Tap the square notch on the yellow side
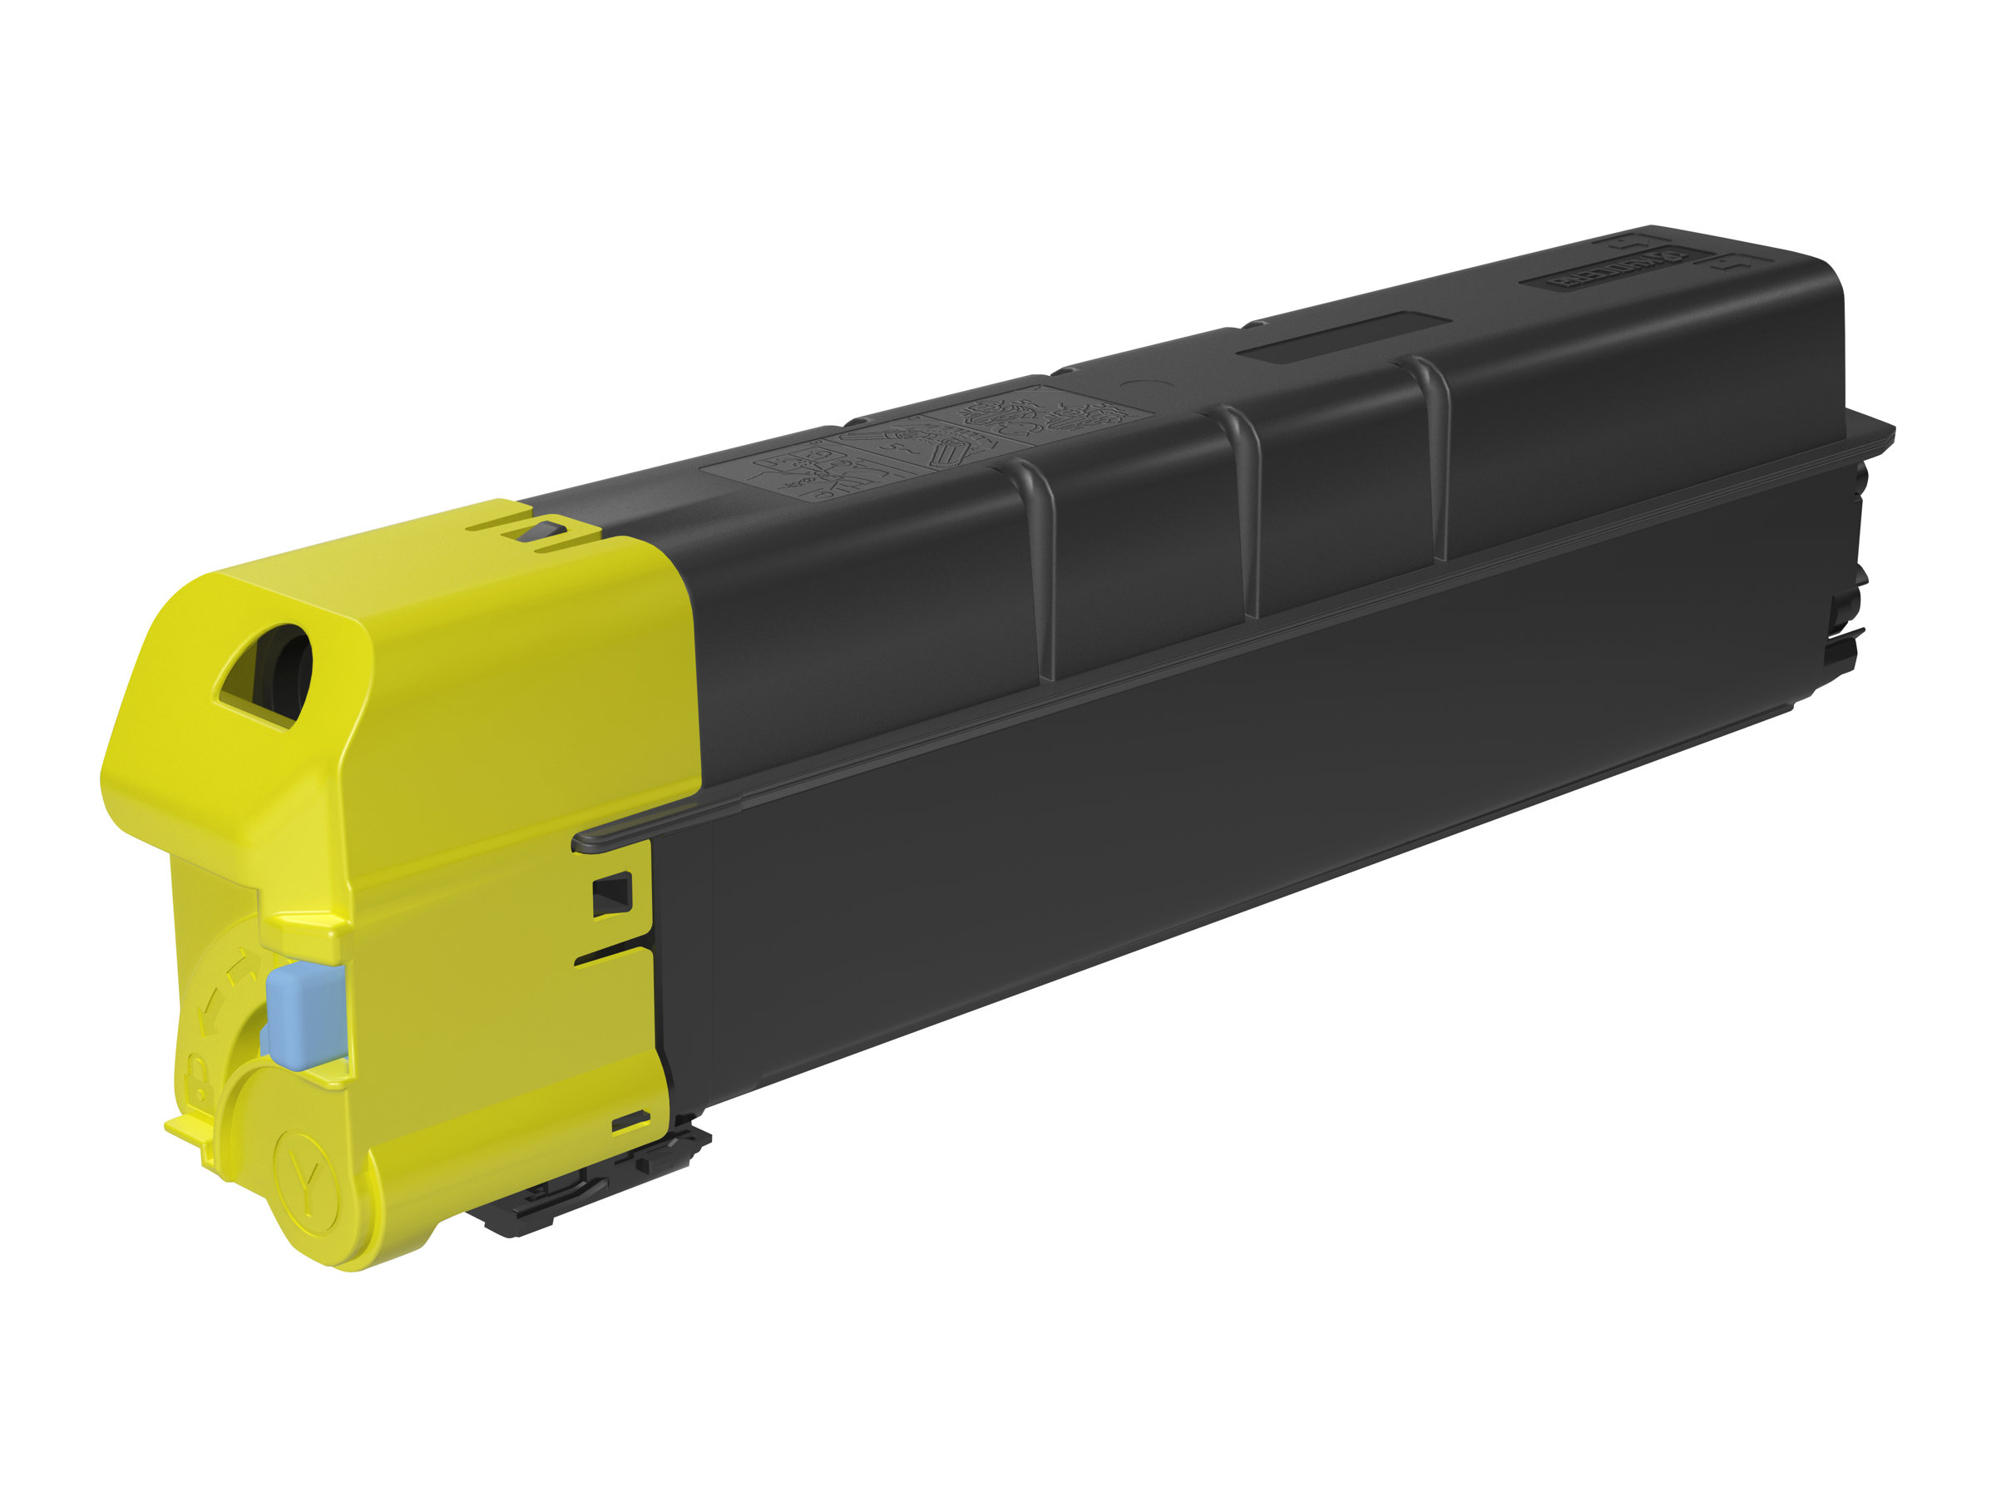coord(612,894)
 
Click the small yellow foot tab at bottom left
coord(185,1128)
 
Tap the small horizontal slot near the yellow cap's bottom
coord(630,1121)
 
